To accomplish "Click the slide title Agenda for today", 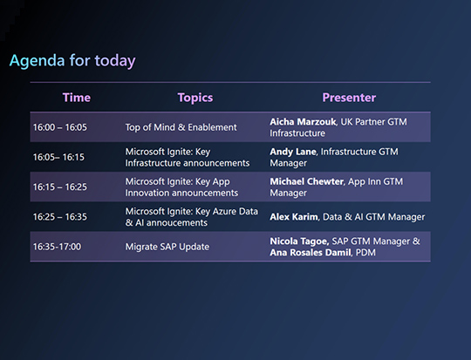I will point(72,61).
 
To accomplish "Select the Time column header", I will point(77,98).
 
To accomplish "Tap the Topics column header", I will point(195,98).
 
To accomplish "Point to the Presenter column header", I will point(349,98).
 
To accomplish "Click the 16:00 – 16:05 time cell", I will point(60,127).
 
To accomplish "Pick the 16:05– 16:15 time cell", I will point(58,157).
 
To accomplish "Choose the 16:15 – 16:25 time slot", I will point(60,187).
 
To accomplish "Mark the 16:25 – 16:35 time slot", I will point(60,216).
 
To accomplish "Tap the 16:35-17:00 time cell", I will point(57,247).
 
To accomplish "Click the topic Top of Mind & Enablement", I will point(181,127).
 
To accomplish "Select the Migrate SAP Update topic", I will point(167,247).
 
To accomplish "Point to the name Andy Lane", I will point(293,151).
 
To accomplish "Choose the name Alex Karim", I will point(293,216).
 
